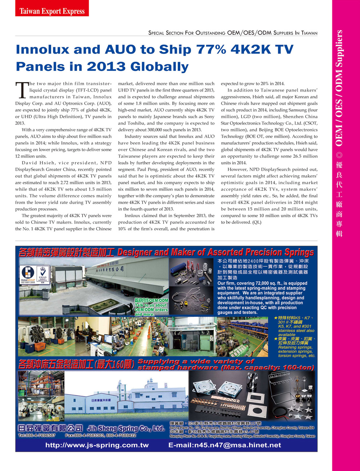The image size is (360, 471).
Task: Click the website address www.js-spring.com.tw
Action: [97, 445]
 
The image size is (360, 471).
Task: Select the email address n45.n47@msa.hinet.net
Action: [225, 445]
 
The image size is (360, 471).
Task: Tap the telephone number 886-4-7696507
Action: [37, 435]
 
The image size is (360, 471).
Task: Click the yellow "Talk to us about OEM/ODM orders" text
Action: [151, 307]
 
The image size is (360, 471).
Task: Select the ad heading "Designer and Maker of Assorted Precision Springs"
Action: [215, 252]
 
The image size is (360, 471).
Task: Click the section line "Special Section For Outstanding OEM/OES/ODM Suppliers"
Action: [233, 33]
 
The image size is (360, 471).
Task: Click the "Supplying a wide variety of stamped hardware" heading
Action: [225, 365]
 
